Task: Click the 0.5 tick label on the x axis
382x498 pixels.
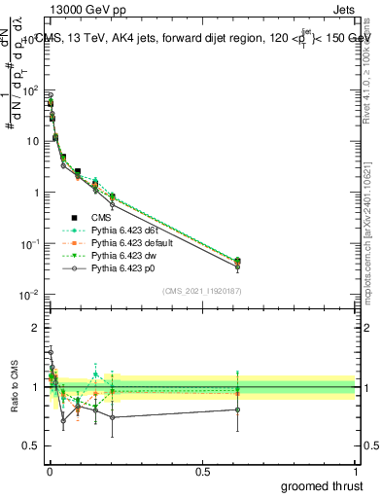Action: coord(202,470)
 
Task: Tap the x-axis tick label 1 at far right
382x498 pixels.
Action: coord(357,470)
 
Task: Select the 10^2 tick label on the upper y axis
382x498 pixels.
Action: coord(28,90)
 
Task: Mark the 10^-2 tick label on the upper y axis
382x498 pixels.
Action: coord(28,295)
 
